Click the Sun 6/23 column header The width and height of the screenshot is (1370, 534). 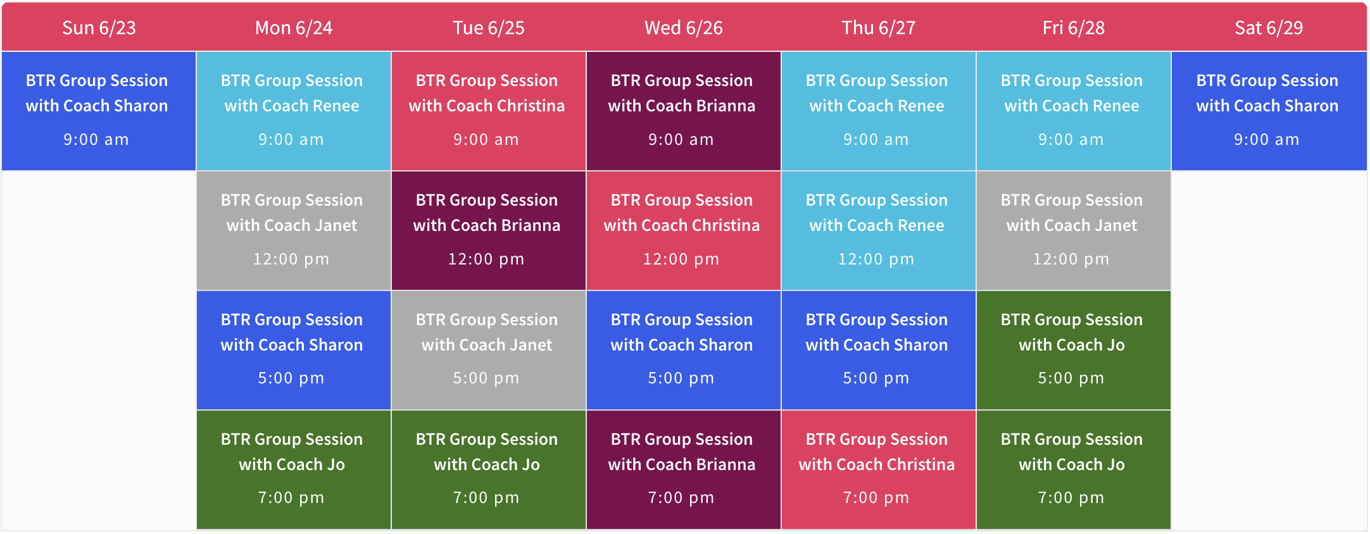pyautogui.click(x=99, y=28)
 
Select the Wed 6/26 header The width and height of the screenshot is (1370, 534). pyautogui.click(x=684, y=28)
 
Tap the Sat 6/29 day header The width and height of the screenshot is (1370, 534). pyautogui.click(x=1269, y=28)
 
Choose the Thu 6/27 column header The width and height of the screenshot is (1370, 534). pyautogui.click(x=879, y=28)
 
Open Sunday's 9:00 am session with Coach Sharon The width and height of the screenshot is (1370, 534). pyautogui.click(x=99, y=111)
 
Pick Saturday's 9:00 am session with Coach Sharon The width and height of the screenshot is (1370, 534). pyautogui.click(x=1269, y=111)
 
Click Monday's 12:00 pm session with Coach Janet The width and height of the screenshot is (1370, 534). pyautogui.click(x=294, y=230)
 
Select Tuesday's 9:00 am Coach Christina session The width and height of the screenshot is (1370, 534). pyautogui.click(x=489, y=111)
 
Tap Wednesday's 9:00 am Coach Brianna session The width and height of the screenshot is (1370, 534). pyautogui.click(x=684, y=111)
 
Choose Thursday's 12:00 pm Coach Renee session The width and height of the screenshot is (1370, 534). pyautogui.click(x=879, y=230)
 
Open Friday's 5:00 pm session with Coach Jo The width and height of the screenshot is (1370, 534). pyautogui.click(x=1074, y=350)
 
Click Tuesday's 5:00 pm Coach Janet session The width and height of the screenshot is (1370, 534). pyautogui.click(x=489, y=350)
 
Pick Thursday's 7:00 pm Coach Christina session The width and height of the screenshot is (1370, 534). pyautogui.click(x=879, y=469)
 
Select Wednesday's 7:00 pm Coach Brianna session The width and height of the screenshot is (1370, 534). pyautogui.click(x=684, y=469)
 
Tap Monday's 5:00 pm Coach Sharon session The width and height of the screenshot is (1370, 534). pyautogui.click(x=294, y=350)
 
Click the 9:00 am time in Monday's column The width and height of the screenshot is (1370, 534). pyautogui.click(x=291, y=139)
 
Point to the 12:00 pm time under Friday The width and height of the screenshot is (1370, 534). pyautogui.click(x=1071, y=259)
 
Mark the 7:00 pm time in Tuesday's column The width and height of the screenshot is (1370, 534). pyautogui.click(x=486, y=498)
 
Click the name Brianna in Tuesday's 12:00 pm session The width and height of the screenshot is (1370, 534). pyautogui.click(x=530, y=225)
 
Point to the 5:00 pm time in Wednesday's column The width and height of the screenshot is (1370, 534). pyautogui.click(x=681, y=378)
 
